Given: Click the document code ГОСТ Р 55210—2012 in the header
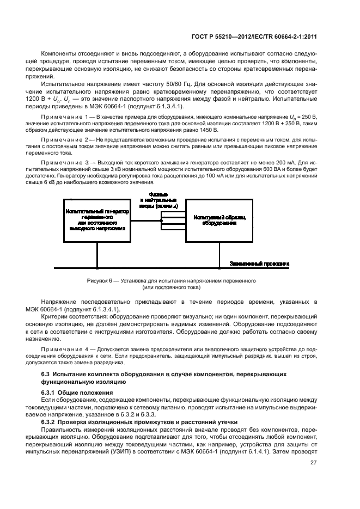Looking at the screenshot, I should tap(207, 36).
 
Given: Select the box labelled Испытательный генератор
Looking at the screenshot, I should tap(97, 220).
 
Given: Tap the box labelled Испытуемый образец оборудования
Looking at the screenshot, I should tap(219, 220).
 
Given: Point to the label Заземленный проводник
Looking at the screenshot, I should tap(259, 263).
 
